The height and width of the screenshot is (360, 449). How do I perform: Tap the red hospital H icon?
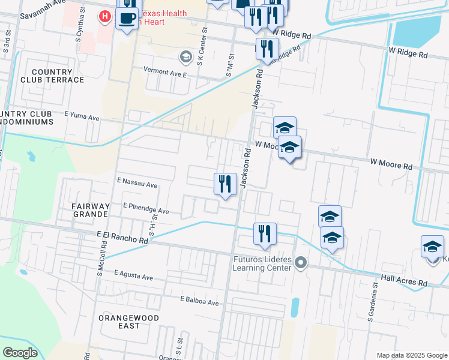click(x=105, y=16)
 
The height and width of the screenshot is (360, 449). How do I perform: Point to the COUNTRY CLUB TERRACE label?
click(x=52, y=76)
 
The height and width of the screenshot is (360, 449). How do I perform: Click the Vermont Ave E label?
click(x=165, y=70)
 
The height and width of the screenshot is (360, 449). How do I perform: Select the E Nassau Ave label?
click(x=137, y=182)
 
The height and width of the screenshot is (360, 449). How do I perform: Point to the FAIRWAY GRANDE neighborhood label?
click(x=91, y=209)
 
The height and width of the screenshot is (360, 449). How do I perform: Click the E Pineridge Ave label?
click(x=146, y=209)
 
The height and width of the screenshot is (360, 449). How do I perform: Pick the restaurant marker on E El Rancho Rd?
click(x=264, y=233)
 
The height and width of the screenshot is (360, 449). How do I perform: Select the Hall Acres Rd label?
click(x=404, y=280)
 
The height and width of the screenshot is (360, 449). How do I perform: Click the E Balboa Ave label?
click(x=199, y=301)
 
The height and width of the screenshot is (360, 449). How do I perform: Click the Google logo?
click(x=20, y=352)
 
